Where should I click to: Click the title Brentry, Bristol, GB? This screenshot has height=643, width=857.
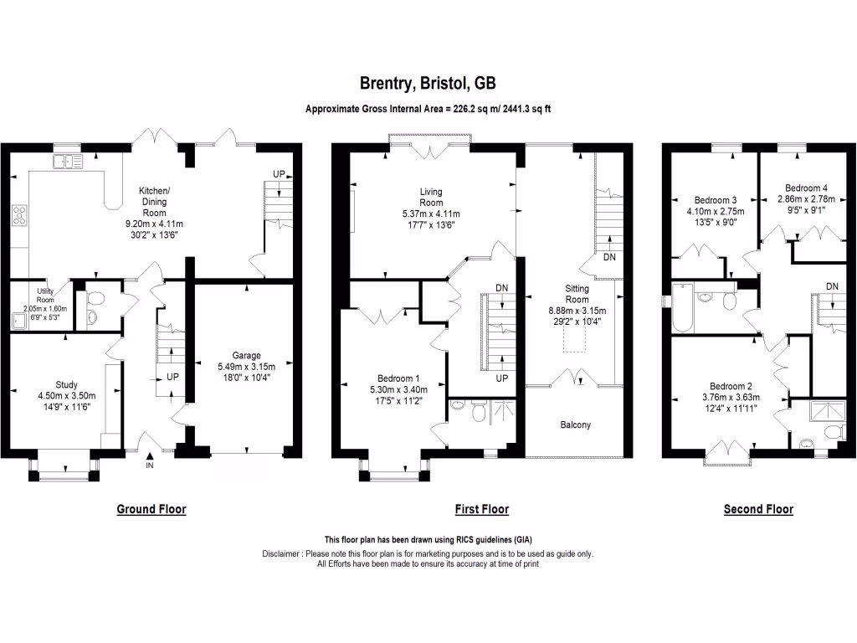click(428, 83)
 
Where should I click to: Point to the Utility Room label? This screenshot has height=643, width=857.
click(44, 294)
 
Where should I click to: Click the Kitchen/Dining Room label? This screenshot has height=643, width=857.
click(153, 202)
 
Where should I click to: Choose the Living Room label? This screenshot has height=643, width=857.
click(431, 198)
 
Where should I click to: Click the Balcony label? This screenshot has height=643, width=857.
click(575, 424)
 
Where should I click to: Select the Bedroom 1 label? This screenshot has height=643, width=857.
click(398, 378)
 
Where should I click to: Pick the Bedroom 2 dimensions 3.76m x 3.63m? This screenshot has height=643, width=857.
click(711, 398)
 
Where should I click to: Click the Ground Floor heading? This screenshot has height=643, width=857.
click(151, 509)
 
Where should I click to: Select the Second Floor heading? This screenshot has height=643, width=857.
click(758, 509)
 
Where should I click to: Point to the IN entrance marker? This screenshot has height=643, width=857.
click(150, 465)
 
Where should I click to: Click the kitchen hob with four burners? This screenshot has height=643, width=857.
click(18, 216)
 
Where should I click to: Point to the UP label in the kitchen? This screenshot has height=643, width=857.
click(278, 173)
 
